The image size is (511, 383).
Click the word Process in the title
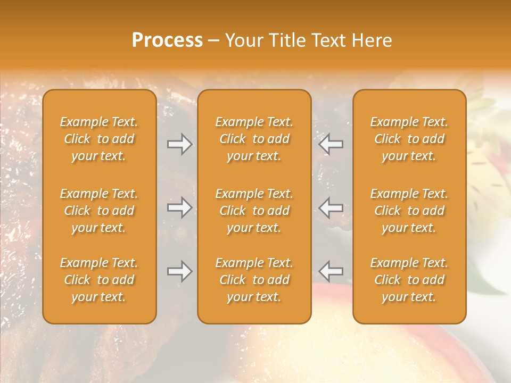tap(167, 40)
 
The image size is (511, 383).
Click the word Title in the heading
tap(288, 40)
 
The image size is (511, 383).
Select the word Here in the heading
tap(372, 40)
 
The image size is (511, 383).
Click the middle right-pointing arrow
tap(179, 208)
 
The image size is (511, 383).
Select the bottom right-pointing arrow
tap(179, 272)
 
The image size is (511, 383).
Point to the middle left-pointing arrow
tap(331, 208)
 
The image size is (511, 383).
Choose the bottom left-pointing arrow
tap(331, 272)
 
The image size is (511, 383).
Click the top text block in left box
tap(99, 139)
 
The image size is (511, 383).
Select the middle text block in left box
tap(99, 211)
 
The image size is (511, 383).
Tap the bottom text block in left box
tap(99, 280)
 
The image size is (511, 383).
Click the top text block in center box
tap(254, 139)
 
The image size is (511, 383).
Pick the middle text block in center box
tap(254, 211)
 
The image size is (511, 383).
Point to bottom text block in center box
tap(254, 280)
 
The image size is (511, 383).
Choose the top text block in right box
tap(409, 139)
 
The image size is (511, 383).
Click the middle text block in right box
tap(409, 211)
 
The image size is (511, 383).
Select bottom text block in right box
tap(409, 280)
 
